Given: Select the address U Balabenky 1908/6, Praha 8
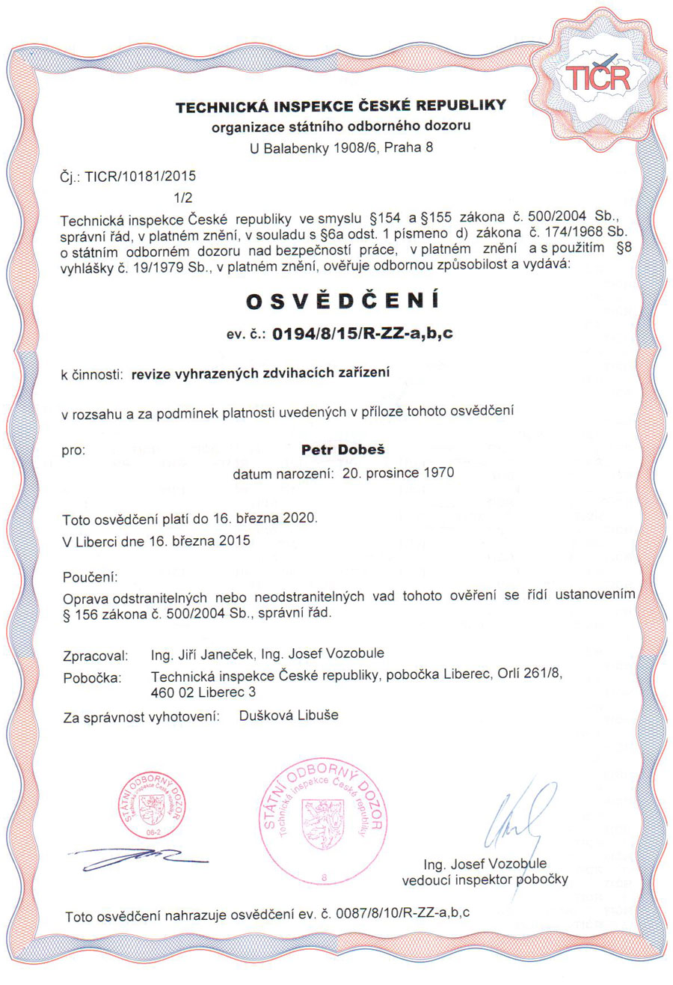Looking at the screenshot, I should pyautogui.click(x=341, y=147).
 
